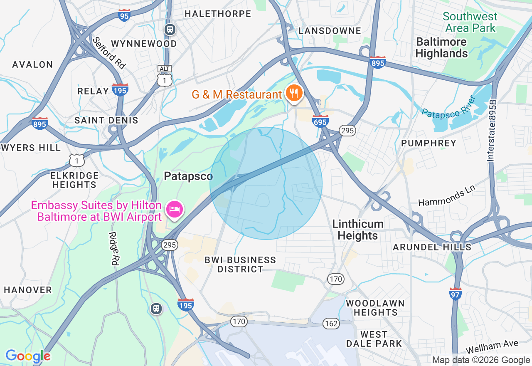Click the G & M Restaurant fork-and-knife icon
pyautogui.click(x=294, y=93)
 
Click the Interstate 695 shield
pyautogui.click(x=320, y=121)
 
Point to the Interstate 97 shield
pyautogui.click(x=456, y=294)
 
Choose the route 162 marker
pyautogui.click(x=331, y=324)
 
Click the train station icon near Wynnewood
pyautogui.click(x=170, y=30)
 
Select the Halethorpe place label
pyautogui.click(x=218, y=14)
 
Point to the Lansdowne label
pyautogui.click(x=330, y=31)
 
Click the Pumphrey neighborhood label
pyautogui.click(x=429, y=143)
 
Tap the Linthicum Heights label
pyautogui.click(x=358, y=230)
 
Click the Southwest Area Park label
pyautogui.click(x=470, y=22)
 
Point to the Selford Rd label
pyautogui.click(x=109, y=53)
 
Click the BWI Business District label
pyautogui.click(x=240, y=265)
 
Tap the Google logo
pyautogui.click(x=28, y=356)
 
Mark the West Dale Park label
pyautogui.click(x=374, y=339)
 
